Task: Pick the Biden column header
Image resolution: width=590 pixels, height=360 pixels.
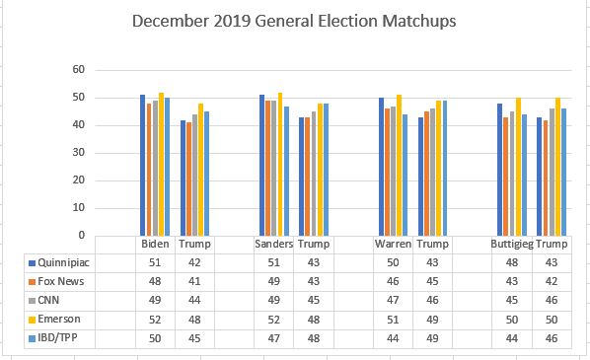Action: [155, 245]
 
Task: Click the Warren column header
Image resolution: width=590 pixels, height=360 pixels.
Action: [393, 245]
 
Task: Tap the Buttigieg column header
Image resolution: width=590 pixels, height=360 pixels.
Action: [511, 245]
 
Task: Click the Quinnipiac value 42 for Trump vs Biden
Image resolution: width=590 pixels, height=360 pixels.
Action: [195, 263]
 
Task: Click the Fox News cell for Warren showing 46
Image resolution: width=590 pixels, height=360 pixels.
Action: [393, 281]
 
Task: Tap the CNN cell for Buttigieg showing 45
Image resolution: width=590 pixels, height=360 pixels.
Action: [511, 300]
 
